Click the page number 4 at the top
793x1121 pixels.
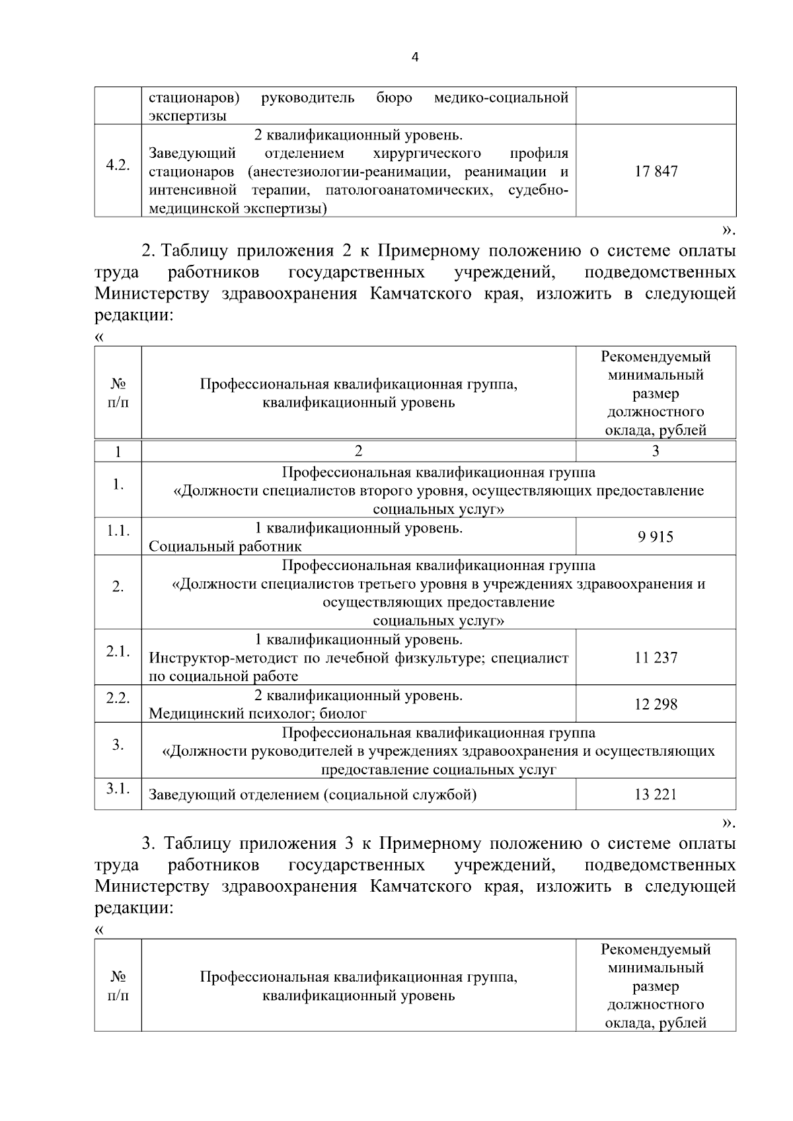[x=415, y=57]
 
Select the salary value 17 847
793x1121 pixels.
[x=656, y=171]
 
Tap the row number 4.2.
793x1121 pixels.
[x=118, y=165]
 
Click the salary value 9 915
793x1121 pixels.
[x=656, y=536]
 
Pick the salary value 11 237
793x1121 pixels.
[x=656, y=657]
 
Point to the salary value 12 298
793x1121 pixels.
[x=656, y=704]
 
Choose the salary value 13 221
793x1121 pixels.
[x=656, y=794]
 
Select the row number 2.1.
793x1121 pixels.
[x=118, y=651]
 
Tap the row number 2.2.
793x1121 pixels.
[x=118, y=698]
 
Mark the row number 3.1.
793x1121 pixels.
[x=118, y=788]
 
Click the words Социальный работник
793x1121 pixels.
[x=225, y=546]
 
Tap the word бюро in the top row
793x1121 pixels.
[x=394, y=98]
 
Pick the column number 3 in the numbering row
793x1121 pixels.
[x=656, y=451]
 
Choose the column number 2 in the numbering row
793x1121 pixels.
[x=358, y=451]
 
